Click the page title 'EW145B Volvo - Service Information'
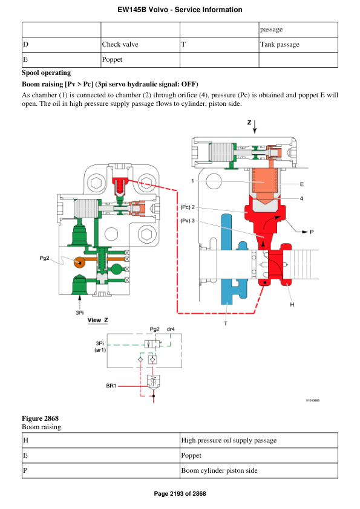tap(180, 10)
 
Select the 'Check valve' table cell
tap(120, 44)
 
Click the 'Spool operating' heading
tap(46, 73)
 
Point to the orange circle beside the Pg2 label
tap(79, 263)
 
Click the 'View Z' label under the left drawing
tap(98, 320)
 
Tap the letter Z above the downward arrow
tap(249, 122)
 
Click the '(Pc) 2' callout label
tap(188, 207)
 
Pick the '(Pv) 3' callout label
tap(188, 221)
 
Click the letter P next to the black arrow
tap(312, 232)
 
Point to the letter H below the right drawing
tap(292, 304)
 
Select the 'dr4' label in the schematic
tap(171, 329)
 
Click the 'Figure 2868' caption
tap(40, 418)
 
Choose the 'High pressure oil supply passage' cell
tap(229, 440)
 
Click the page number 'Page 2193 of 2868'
tap(180, 494)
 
